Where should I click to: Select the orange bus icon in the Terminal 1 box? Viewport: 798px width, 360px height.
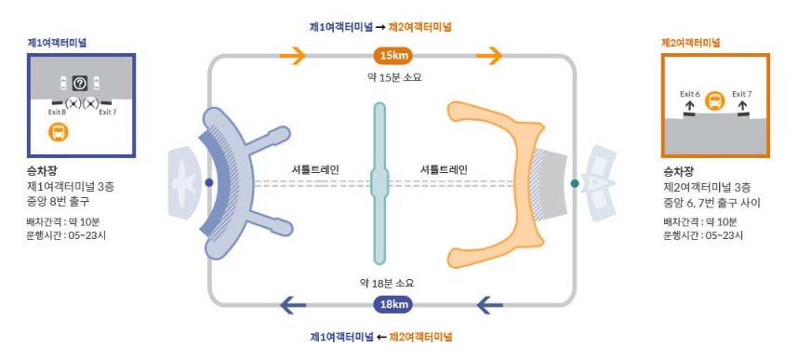pyautogui.click(x=59, y=131)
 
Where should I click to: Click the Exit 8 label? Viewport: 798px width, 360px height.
pyautogui.click(x=57, y=112)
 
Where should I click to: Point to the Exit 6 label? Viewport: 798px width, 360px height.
pyautogui.click(x=689, y=94)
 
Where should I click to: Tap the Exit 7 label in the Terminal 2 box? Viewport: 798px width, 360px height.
pyautogui.click(x=741, y=94)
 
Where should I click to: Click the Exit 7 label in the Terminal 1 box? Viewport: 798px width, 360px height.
pyautogui.click(x=108, y=112)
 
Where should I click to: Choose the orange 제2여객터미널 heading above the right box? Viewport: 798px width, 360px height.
pyautogui.click(x=690, y=43)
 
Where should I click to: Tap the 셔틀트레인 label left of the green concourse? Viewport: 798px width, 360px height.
pyautogui.click(x=315, y=169)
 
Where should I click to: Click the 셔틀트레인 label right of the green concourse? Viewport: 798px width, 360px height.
pyautogui.click(x=444, y=169)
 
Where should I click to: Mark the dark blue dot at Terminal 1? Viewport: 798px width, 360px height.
pyautogui.click(x=209, y=182)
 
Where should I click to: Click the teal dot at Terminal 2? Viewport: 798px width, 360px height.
pyautogui.click(x=575, y=183)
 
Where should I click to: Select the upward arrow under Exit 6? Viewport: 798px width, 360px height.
pyautogui.click(x=689, y=108)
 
